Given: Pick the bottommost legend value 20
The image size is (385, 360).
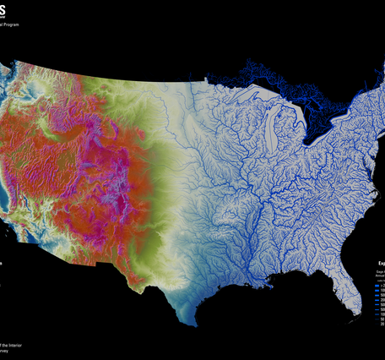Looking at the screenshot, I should [x=381, y=323].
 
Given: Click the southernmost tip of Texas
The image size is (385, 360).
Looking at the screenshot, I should [x=192, y=323].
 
